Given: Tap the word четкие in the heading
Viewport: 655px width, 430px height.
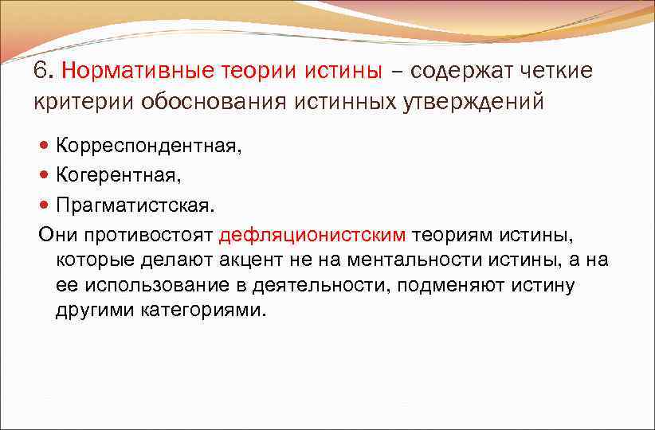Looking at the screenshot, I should (555, 71).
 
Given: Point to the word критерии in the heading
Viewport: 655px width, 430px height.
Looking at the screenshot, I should (83, 103).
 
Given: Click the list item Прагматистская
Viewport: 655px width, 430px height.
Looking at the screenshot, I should (135, 205).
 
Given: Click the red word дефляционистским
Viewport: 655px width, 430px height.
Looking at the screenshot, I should (312, 234).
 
